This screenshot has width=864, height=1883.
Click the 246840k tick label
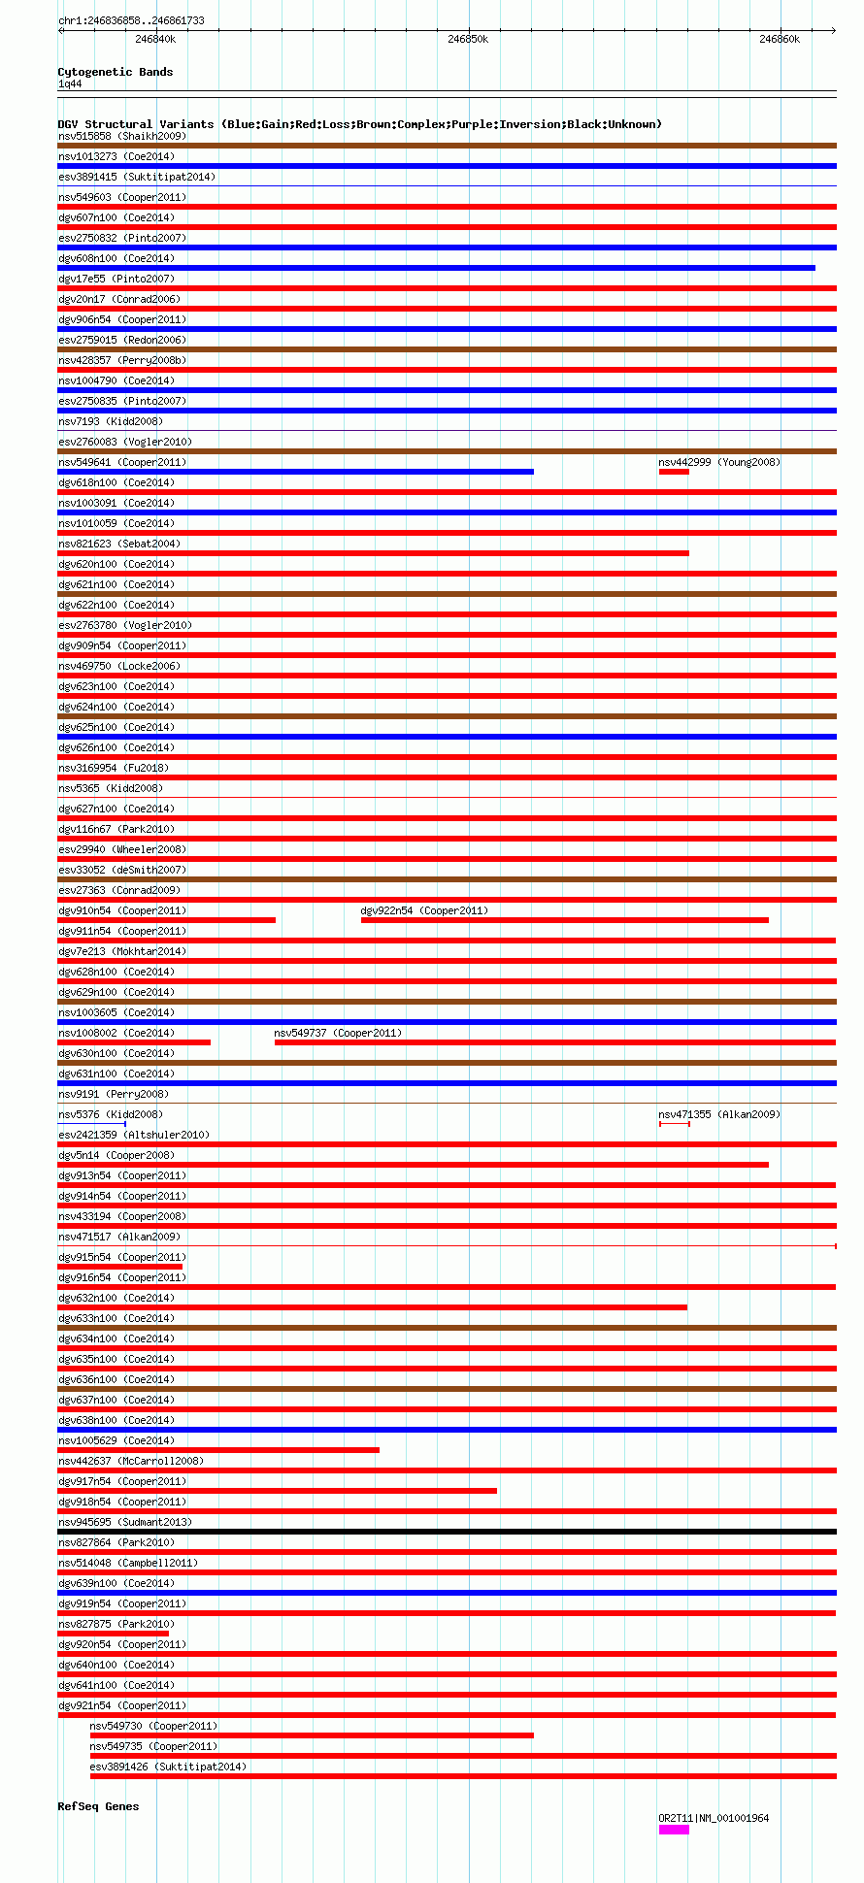155,40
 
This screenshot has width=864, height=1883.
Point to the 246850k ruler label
468,40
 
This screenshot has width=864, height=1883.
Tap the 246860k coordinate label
780,40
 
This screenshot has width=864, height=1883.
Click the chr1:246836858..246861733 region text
131,20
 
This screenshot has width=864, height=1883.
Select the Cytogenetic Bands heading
115,72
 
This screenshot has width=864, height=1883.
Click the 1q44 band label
70,84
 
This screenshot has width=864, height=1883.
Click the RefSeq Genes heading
98,1806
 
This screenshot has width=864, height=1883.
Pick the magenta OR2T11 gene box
674,1830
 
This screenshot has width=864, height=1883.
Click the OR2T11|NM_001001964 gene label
714,1818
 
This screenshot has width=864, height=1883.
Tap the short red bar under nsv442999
674,472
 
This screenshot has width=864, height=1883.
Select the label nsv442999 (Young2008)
719,462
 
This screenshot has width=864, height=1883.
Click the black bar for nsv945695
447,1532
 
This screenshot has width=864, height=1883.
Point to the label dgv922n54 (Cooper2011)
424,910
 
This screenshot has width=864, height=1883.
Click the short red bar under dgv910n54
166,920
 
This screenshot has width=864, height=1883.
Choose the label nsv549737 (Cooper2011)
338,1033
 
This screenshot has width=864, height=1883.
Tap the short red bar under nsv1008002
134,1042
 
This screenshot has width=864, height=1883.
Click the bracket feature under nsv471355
675,1124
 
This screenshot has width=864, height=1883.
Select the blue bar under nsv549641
295,472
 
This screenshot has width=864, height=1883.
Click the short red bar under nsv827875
113,1634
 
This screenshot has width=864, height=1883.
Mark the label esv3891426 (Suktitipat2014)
168,1767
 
